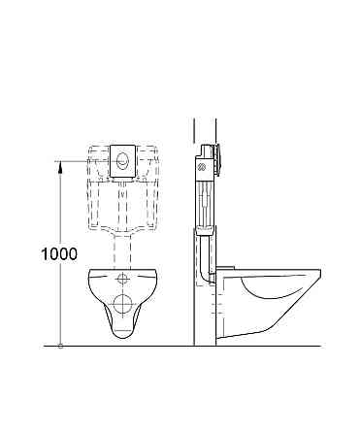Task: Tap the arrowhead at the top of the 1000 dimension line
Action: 61,167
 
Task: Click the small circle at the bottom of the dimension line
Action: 61,344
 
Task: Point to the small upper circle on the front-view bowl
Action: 123,280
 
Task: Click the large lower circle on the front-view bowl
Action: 122,303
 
